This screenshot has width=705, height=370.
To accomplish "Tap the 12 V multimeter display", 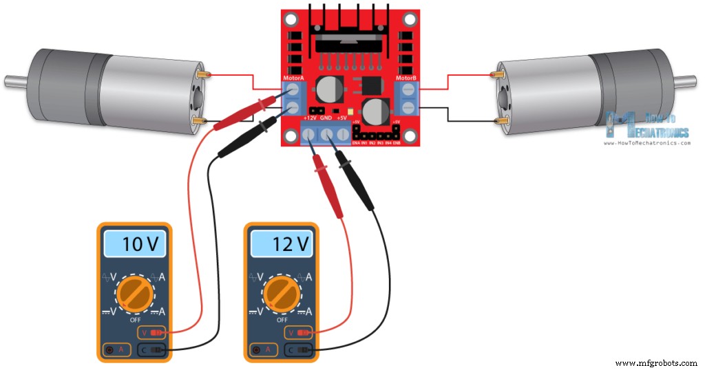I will (x=282, y=243).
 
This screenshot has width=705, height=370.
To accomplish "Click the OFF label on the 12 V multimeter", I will (x=282, y=320).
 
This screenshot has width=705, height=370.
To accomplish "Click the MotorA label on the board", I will (x=293, y=78).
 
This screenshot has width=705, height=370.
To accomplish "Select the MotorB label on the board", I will (x=406, y=78).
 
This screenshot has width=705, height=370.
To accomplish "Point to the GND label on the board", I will (x=326, y=118).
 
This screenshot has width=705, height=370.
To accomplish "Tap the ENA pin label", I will (x=356, y=142).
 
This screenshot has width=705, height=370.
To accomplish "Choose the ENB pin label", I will (x=397, y=142).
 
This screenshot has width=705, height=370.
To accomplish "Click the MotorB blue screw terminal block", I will (x=408, y=98).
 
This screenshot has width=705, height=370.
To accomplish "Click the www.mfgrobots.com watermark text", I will (x=656, y=363).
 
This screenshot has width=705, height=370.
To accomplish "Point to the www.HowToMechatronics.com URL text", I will (x=646, y=143).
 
